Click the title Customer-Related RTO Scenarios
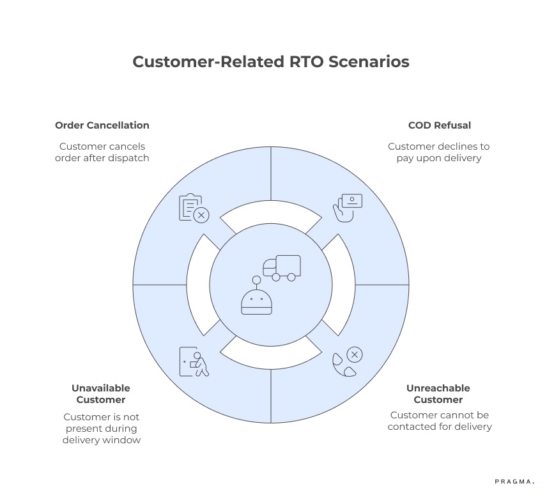pos(270,62)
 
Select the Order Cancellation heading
pos(102,125)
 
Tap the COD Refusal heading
pos(439,125)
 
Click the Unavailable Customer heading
pos(101,394)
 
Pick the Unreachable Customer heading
pos(438,394)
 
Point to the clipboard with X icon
pos(194,208)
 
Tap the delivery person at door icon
pos(194,362)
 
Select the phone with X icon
pos(348,362)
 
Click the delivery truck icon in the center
pos(282,268)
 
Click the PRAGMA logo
pos(514,481)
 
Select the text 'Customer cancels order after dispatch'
pos(102,152)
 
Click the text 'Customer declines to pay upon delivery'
pos(438,152)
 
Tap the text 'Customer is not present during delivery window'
pos(101,429)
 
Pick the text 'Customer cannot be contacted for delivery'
pos(439,421)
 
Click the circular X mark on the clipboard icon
pos(201,215)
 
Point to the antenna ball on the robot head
pos(256,280)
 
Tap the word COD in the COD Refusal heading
pos(420,125)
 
